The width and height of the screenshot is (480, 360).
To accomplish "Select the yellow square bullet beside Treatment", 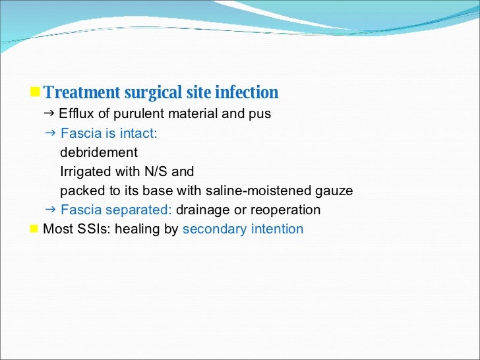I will (x=37, y=91).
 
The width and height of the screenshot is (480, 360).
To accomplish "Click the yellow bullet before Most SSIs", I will (x=34, y=229).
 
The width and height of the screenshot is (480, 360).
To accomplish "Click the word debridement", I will (x=99, y=153).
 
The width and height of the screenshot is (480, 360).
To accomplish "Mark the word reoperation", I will (x=288, y=210).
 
